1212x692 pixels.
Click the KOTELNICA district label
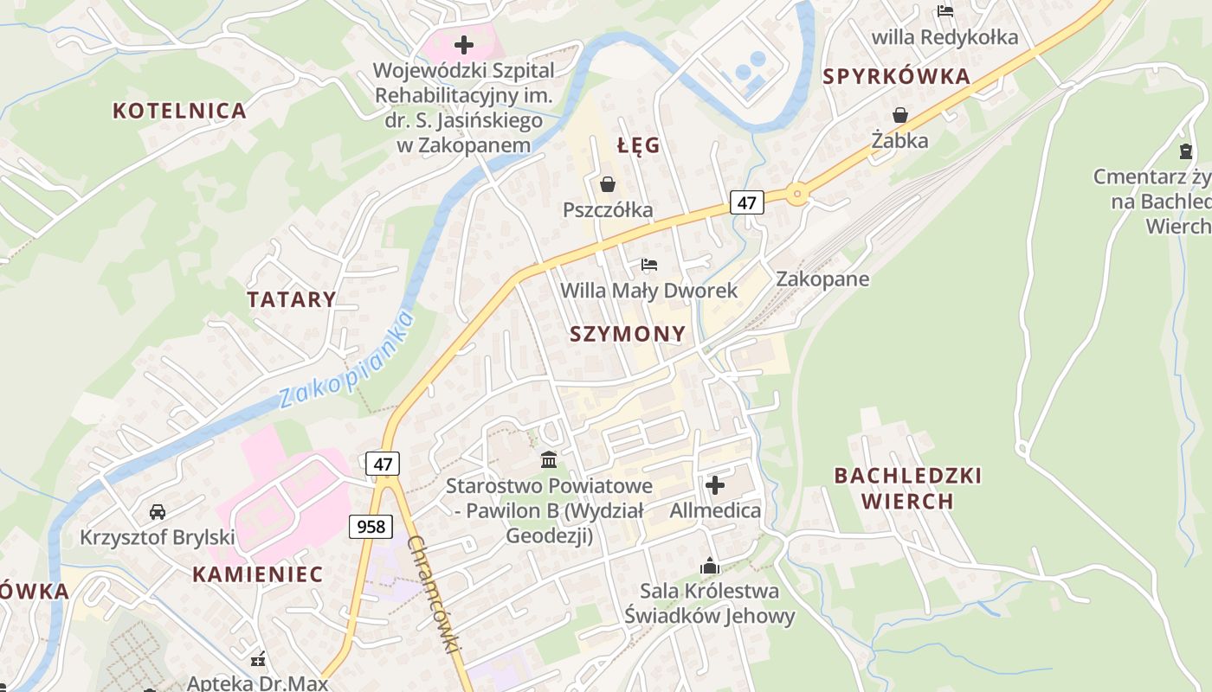click(x=179, y=111)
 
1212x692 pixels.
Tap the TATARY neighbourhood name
click(x=291, y=300)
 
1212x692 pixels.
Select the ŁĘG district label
click(x=639, y=145)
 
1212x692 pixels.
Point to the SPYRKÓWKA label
click(x=896, y=76)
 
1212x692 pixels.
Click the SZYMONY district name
click(x=628, y=334)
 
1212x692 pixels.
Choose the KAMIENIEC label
click(x=257, y=573)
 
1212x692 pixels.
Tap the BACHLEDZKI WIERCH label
click(x=907, y=488)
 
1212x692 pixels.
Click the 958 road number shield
click(x=371, y=526)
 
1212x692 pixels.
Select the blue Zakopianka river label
click(x=346, y=361)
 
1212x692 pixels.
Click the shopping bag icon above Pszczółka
click(x=608, y=184)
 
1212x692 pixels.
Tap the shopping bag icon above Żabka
click(x=900, y=115)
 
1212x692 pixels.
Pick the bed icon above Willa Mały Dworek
click(x=649, y=265)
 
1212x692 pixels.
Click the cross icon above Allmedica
click(x=715, y=485)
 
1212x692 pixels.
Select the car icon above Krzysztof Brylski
click(x=158, y=512)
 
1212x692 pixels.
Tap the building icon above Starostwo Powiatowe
click(x=548, y=459)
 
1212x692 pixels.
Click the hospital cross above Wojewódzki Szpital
click(x=464, y=44)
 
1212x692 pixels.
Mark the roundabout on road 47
click(x=796, y=194)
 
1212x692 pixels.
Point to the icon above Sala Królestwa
click(x=710, y=567)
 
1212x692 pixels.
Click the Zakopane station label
click(x=822, y=279)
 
